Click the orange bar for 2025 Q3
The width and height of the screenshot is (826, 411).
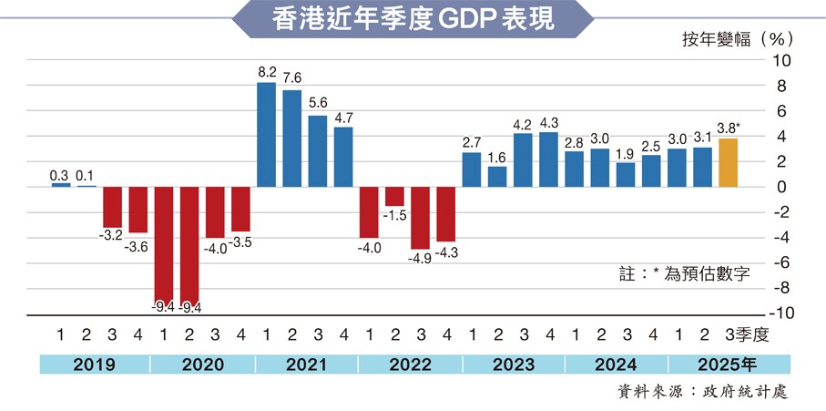(x=728, y=163)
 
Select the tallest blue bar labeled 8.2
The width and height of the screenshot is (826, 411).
(x=266, y=135)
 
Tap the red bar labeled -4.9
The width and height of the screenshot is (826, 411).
(x=420, y=218)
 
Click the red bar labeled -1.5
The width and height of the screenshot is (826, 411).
(x=394, y=196)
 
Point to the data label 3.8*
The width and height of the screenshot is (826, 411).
(x=729, y=128)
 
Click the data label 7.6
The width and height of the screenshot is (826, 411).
(x=292, y=77)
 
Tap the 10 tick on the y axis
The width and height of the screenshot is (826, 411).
(x=781, y=61)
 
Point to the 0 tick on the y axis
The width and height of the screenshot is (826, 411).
(x=785, y=187)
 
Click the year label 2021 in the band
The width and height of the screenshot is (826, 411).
(x=306, y=365)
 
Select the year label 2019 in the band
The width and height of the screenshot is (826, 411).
(x=94, y=365)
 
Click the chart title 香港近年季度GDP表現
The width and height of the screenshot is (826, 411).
(x=413, y=21)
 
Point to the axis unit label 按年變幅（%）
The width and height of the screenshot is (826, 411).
(x=738, y=39)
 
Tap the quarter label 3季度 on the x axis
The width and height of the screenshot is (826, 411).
(x=748, y=334)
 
